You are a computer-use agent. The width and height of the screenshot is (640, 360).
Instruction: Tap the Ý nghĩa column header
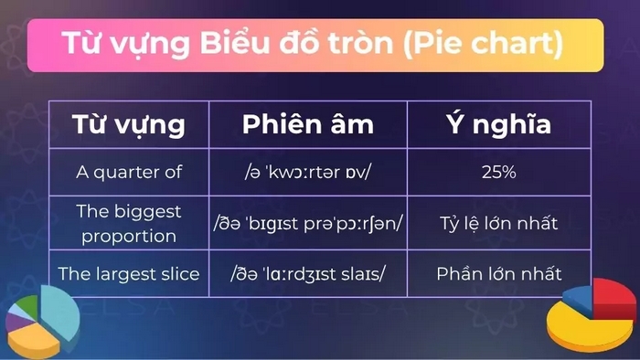pos(498,124)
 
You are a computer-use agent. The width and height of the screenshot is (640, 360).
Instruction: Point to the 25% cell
pos(498,171)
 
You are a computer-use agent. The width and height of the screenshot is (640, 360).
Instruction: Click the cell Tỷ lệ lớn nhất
pos(498,223)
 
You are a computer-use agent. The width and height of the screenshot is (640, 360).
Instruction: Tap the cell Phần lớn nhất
pos(498,273)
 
